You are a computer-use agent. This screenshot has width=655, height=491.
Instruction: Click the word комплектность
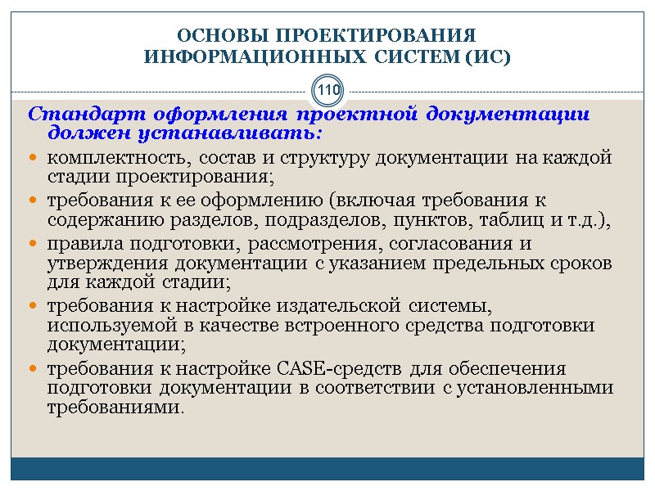click(x=102, y=157)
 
